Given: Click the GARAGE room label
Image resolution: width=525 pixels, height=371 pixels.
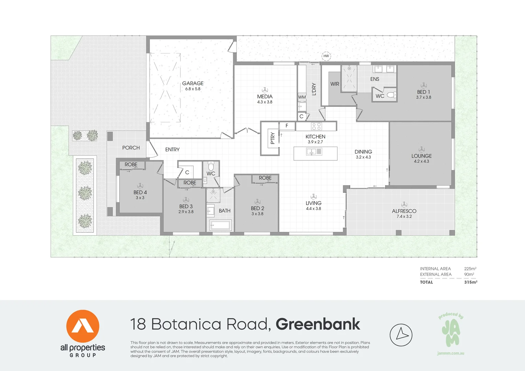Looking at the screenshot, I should [193, 83].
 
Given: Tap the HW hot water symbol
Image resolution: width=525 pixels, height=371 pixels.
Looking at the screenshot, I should [326, 56].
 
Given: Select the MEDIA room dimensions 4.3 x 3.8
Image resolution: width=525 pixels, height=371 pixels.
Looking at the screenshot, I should [265, 102].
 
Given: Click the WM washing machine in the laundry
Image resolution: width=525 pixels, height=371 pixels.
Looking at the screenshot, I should [302, 97].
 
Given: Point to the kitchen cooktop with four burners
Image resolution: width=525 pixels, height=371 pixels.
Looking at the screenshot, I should [316, 126].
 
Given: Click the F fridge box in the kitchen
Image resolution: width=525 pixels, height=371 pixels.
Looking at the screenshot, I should [287, 126].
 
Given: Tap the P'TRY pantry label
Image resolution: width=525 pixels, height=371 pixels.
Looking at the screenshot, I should [272, 138].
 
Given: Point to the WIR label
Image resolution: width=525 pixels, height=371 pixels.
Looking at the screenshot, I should [335, 84].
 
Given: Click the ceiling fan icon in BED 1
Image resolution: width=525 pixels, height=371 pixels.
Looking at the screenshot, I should [424, 85].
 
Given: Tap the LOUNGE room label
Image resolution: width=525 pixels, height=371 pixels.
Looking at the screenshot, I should [422, 156].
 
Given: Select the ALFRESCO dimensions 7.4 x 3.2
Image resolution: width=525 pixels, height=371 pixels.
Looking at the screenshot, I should [404, 216].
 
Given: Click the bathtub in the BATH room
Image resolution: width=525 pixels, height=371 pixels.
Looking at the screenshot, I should [220, 225].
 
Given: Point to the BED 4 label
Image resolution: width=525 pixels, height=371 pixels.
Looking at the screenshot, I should [140, 192].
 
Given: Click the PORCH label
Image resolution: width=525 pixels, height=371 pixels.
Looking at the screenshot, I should [131, 148].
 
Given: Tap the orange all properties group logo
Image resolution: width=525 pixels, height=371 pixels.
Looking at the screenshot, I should [83, 326].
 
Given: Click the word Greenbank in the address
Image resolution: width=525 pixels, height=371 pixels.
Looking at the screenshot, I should [318, 324].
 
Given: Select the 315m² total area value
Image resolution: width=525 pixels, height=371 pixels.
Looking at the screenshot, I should [470, 282].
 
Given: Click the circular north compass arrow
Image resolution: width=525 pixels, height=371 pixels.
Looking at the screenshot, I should [401, 335].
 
